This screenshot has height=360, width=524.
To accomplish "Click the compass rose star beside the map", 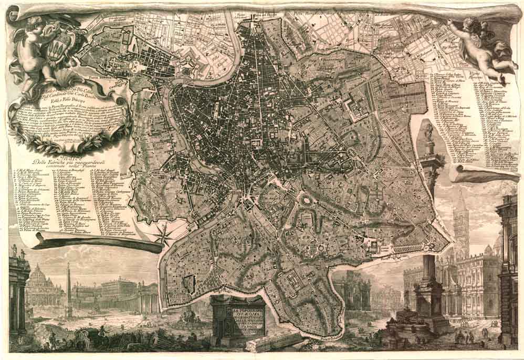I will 164,233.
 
